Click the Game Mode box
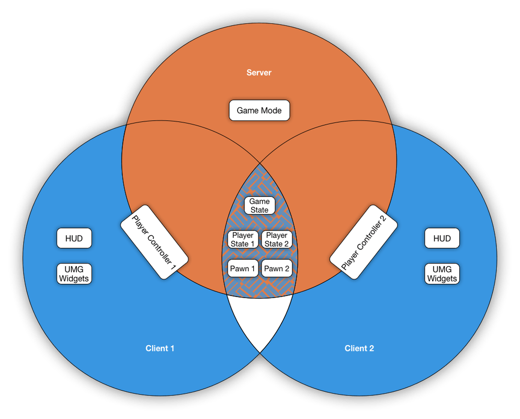[x=259, y=111]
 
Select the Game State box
[x=259, y=205]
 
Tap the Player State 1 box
[x=243, y=239]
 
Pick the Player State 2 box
[x=276, y=239]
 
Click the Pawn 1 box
[x=243, y=269]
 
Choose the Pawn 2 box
[x=277, y=269]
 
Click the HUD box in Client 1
[x=74, y=238]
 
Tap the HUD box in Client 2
[x=442, y=238]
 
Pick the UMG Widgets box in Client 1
[x=74, y=273]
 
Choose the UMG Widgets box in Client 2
[x=442, y=273]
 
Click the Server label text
[x=259, y=72]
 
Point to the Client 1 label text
[x=160, y=348]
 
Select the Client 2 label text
[x=359, y=348]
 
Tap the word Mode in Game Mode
[x=271, y=111]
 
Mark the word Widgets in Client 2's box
[x=442, y=279]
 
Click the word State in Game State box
[x=259, y=210]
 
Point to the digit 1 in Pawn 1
[x=253, y=269]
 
